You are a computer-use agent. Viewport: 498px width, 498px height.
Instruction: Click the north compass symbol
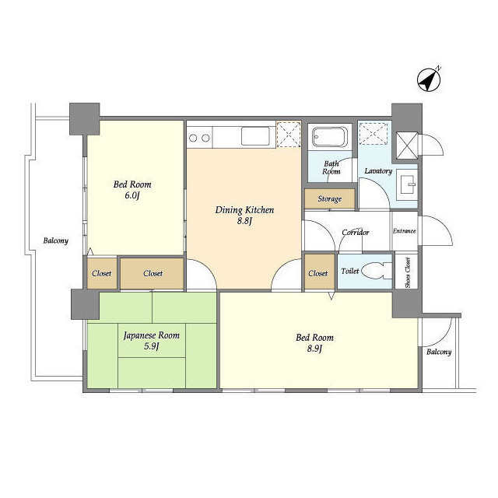429,80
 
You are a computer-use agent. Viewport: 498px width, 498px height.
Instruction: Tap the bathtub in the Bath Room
330,137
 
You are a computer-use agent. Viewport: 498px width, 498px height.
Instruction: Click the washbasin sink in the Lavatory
406,184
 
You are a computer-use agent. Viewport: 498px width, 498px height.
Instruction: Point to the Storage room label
330,199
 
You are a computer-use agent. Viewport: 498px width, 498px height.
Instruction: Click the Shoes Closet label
408,272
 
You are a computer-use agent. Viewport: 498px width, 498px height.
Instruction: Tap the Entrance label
404,231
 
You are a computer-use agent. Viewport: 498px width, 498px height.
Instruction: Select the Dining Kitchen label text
244,210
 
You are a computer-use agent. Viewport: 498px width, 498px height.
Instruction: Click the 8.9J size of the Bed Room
314,349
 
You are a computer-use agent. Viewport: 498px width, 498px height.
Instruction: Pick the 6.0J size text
132,195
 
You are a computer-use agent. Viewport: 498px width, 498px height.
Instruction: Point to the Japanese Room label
152,335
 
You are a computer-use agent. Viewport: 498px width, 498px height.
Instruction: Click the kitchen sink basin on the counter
255,136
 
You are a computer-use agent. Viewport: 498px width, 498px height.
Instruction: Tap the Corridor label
356,233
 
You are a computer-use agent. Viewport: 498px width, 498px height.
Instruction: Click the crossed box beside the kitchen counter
289,134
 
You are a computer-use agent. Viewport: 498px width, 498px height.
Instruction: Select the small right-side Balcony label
439,352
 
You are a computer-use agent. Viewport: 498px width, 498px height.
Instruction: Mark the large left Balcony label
55,240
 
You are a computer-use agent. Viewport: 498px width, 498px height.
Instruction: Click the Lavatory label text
378,171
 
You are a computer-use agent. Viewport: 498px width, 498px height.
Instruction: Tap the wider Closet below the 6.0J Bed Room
153,273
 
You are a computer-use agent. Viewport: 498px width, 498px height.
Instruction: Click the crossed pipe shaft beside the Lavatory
406,146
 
